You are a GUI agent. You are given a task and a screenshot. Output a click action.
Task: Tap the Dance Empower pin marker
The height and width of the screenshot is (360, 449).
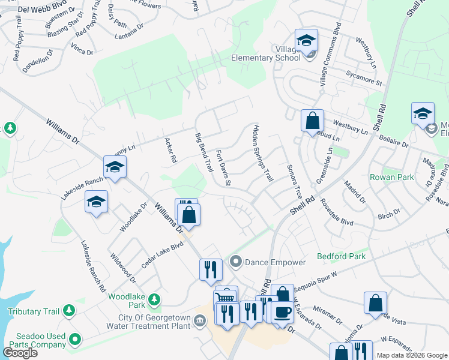click(x=236, y=262)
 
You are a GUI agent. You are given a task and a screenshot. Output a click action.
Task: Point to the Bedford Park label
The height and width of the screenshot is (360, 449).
click(x=341, y=256)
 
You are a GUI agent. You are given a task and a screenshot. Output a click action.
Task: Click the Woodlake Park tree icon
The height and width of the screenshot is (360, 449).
click(x=154, y=298)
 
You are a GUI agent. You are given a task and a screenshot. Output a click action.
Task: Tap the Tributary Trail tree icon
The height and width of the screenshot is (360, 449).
click(x=70, y=310)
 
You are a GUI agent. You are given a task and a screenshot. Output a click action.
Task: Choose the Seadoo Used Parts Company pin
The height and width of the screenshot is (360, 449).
click(x=75, y=340)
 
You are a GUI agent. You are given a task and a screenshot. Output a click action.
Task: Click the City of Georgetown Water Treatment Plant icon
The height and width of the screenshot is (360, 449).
click(x=200, y=321)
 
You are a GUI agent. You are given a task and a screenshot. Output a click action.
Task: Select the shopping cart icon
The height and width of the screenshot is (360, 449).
click(x=226, y=298)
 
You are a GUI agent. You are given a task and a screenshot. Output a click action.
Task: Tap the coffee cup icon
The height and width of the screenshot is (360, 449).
click(x=282, y=312)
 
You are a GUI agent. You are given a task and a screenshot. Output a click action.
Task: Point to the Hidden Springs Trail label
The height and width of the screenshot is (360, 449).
click(x=263, y=154)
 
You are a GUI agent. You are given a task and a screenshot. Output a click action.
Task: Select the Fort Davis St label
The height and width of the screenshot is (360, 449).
click(x=223, y=167)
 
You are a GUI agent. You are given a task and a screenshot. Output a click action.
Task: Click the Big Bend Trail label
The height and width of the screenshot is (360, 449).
click(x=204, y=154)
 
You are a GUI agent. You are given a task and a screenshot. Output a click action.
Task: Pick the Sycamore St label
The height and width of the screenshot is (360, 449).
click(x=364, y=77)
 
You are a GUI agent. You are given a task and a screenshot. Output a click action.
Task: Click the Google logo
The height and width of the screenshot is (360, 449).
click(x=20, y=353)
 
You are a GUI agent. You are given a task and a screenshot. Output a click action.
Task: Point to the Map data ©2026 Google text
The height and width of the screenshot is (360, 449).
click(x=411, y=355)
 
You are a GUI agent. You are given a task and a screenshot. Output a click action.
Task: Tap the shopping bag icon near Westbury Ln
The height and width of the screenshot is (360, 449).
click(x=312, y=121)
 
